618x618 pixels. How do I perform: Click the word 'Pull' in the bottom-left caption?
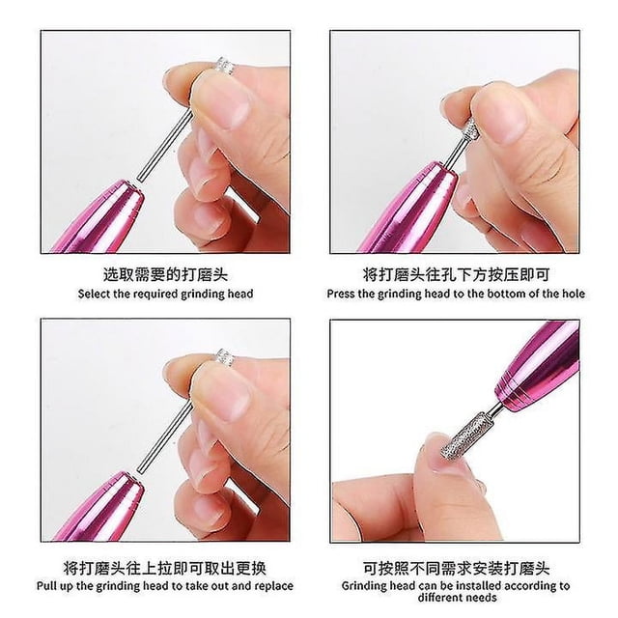[x=47, y=586]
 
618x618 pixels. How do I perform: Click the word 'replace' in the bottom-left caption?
[x=274, y=586]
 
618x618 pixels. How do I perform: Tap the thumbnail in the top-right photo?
[x=500, y=117]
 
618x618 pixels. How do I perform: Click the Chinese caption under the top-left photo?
[x=165, y=274]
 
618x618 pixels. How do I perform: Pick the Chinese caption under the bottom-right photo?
[x=456, y=569]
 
